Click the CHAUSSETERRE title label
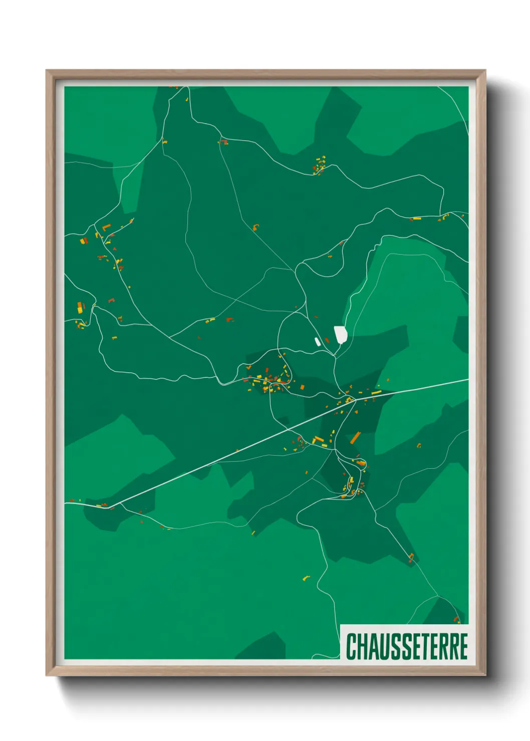[406, 646]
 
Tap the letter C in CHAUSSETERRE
[351, 646]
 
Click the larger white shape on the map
[341, 334]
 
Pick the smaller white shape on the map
[317, 341]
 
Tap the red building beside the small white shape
[327, 340]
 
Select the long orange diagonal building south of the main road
[356, 438]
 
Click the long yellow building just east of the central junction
[376, 393]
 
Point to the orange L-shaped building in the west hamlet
[106, 227]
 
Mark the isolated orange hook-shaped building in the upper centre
[256, 227]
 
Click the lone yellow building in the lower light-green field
[306, 578]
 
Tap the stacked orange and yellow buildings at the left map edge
[80, 307]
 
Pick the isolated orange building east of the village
[419, 445]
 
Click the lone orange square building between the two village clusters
[303, 387]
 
